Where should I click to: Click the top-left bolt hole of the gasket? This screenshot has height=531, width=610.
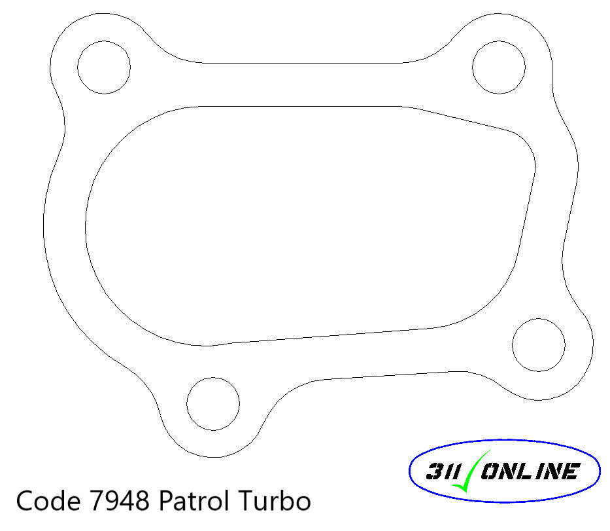(x=104, y=66)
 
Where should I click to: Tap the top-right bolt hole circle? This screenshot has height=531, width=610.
(x=498, y=67)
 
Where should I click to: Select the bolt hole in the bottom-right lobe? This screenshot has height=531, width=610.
(x=538, y=345)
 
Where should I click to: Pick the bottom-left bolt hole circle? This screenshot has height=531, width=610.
(x=213, y=403)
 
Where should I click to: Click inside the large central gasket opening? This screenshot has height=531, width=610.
(x=307, y=223)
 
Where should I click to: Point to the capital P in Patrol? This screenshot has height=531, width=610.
(x=165, y=502)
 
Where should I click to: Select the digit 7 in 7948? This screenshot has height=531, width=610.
(x=92, y=502)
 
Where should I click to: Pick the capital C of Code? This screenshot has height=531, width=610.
(x=25, y=502)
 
